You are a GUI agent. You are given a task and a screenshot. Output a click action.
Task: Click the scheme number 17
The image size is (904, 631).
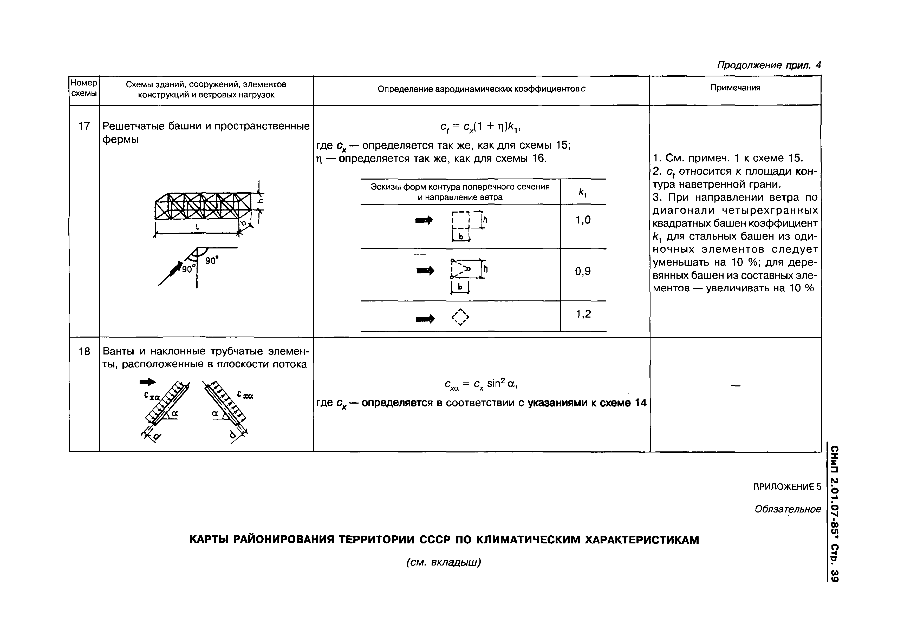click(x=84, y=126)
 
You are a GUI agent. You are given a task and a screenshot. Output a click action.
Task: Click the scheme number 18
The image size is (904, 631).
click(x=84, y=351)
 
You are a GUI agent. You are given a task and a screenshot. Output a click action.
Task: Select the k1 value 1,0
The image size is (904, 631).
click(x=583, y=220)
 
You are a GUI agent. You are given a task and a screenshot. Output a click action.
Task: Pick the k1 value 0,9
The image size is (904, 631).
click(x=583, y=272)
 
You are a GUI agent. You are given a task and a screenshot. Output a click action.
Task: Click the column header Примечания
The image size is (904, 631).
click(x=735, y=88)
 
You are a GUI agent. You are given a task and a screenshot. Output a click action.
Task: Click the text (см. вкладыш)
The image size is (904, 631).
click(x=444, y=562)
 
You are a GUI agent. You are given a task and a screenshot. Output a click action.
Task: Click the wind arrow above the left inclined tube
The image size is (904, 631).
click(x=148, y=382)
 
